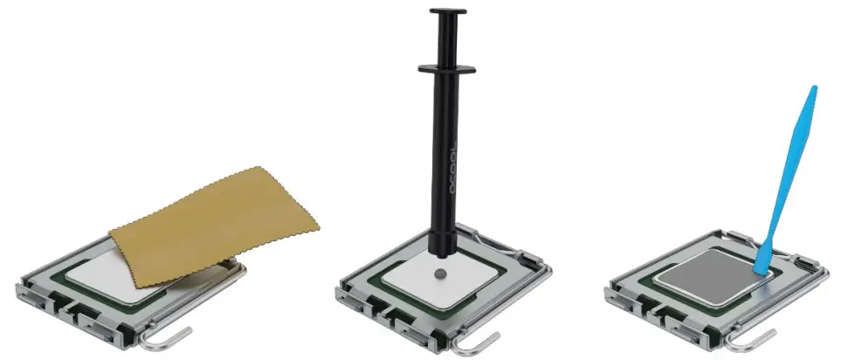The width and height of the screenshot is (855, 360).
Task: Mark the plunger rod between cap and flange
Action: click(x=445, y=39)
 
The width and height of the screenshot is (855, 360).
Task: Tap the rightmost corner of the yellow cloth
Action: click(x=320, y=229)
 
